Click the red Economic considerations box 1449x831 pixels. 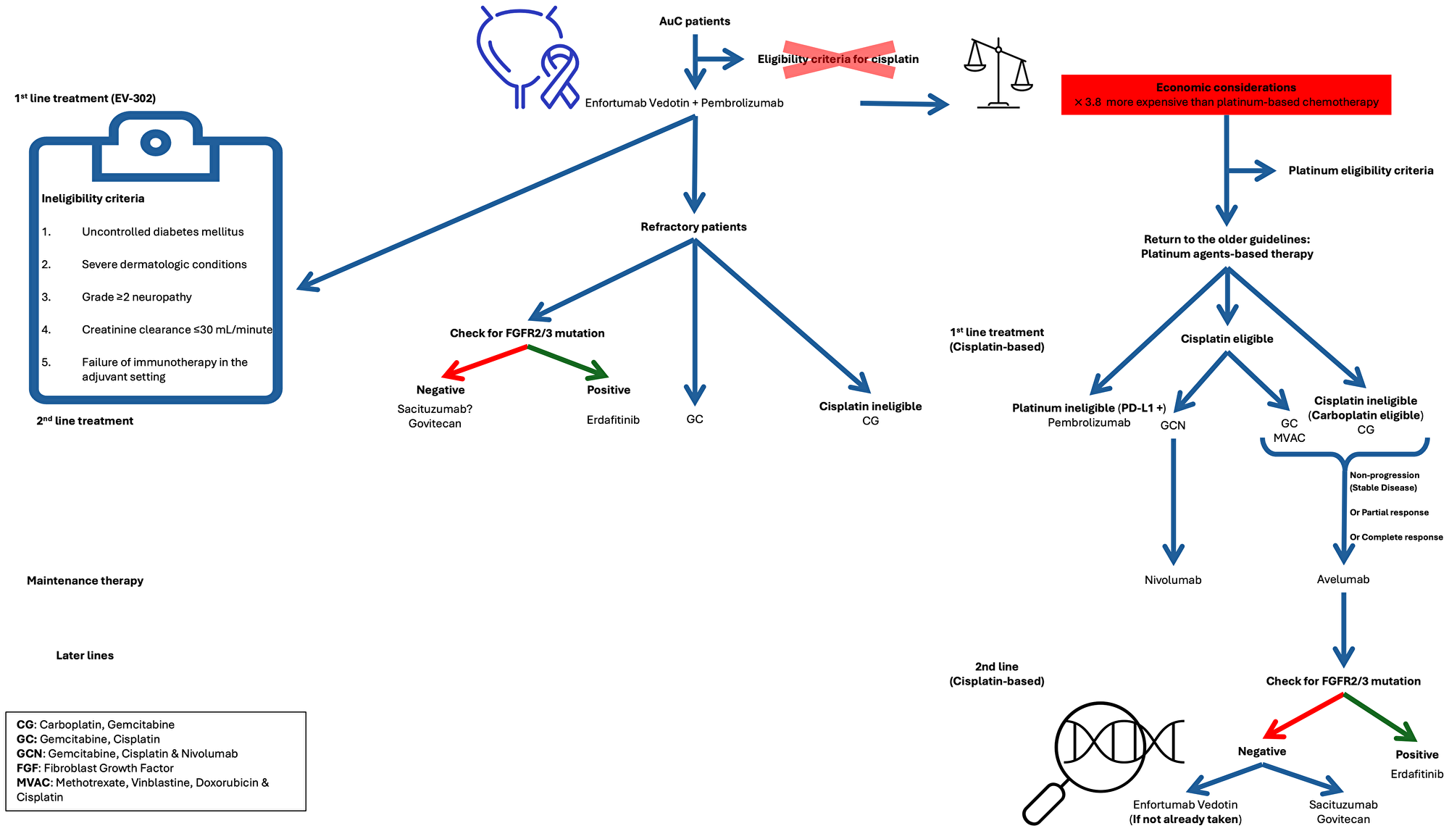pos(1226,95)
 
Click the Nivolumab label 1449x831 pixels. pos(1173,580)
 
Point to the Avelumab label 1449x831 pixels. pos(1343,579)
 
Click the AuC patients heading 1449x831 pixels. pos(694,21)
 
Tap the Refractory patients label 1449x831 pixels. pos(693,227)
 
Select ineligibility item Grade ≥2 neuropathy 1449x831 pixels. pos(136,297)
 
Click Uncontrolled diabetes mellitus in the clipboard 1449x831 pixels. pos(162,232)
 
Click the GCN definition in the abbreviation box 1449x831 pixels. pos(127,753)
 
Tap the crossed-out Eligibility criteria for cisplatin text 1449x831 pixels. pos(838,59)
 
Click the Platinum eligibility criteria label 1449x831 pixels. pos(1361,170)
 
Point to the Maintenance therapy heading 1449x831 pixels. pos(85,580)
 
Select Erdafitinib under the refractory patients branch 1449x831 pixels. pos(613,419)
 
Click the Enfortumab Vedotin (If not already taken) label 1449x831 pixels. pos(1185,811)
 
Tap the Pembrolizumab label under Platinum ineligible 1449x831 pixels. pos(1088,422)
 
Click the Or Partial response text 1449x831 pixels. pos(1389,512)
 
